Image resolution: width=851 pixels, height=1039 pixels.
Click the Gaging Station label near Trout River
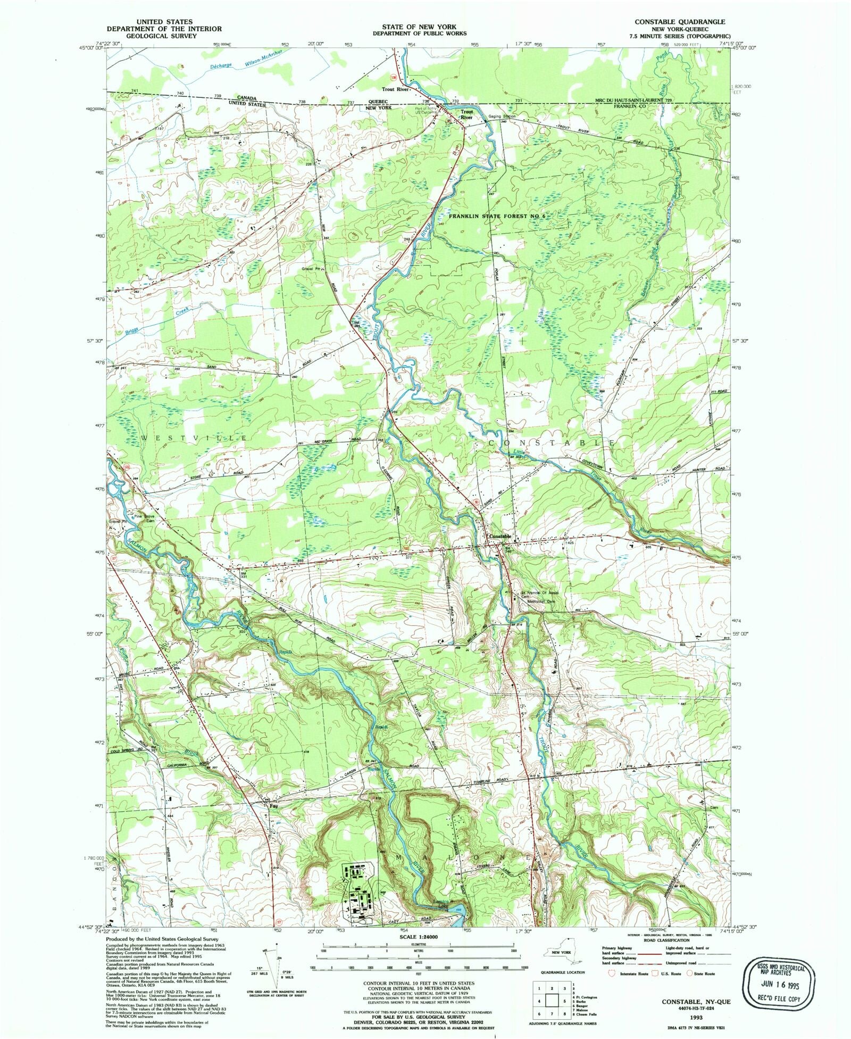point(502,116)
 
